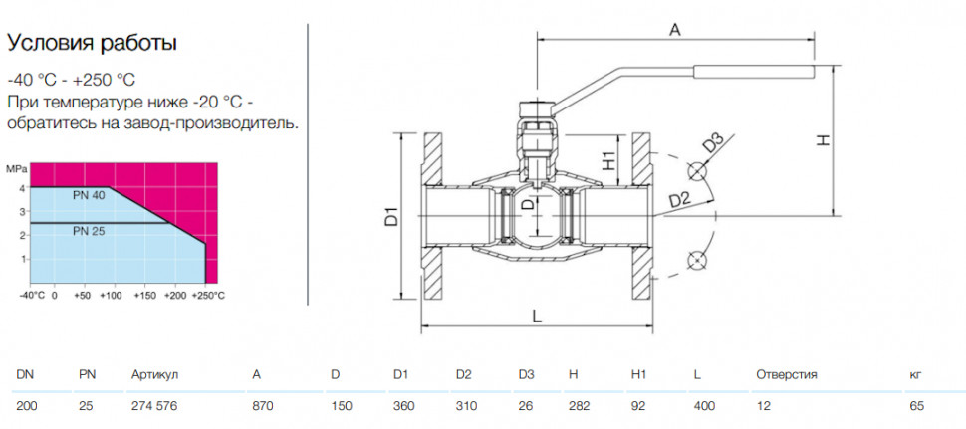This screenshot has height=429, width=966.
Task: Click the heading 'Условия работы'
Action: tap(92, 44)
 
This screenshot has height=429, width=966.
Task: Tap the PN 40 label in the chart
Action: tap(90, 196)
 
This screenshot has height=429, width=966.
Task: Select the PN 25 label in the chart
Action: tap(90, 232)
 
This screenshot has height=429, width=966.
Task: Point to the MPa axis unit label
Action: tap(15, 168)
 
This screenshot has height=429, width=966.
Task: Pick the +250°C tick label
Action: tap(207, 296)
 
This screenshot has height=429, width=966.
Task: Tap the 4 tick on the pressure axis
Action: tap(23, 188)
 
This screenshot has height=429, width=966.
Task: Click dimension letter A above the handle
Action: tap(675, 30)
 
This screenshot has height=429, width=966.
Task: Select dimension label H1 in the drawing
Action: tap(608, 160)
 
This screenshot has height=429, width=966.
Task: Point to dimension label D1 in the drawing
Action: tap(393, 217)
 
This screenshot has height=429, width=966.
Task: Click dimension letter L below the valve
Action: tap(537, 317)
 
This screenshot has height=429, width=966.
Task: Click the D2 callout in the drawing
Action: tap(679, 200)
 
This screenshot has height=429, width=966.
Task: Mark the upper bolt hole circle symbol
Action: tap(697, 171)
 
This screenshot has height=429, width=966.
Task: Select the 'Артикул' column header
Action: tap(154, 375)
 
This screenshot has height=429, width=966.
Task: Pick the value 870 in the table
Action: tap(263, 407)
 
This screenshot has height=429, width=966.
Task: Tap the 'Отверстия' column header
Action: tap(787, 375)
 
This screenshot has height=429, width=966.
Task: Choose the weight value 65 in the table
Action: tap(917, 407)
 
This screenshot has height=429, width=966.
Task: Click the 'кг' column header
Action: tap(915, 375)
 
